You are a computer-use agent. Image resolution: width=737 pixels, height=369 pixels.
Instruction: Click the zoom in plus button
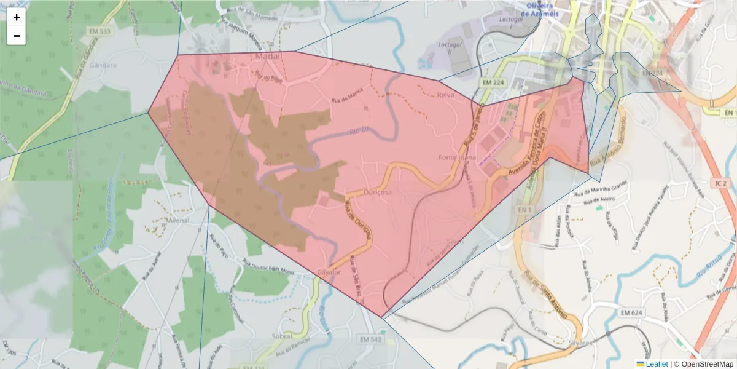pos(17,17)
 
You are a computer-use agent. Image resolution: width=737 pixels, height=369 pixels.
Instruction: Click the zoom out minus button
pos(17,36)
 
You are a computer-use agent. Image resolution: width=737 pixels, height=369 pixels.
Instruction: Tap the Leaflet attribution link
pos(657,364)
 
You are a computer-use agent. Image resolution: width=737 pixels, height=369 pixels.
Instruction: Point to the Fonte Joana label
pos(457,157)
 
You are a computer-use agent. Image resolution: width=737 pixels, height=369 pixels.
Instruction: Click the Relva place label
pos(445,95)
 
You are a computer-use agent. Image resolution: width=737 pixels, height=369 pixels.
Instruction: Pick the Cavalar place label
pos(329,272)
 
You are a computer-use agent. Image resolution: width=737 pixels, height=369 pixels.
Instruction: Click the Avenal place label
pos(177,219)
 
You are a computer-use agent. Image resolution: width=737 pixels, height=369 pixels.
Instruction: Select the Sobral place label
pos(282,337)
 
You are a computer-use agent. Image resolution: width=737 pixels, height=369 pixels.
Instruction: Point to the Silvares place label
pos(580,342)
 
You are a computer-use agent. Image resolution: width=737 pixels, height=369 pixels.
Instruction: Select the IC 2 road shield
pos(720,183)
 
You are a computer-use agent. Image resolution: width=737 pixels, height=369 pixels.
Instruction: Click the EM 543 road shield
pos(370,339)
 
